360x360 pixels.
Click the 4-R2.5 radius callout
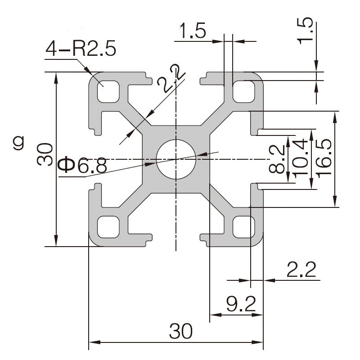[x=81, y=48]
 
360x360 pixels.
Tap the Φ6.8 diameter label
[x=83, y=166]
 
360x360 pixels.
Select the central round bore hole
[x=176, y=159]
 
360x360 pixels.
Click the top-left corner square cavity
[x=108, y=91]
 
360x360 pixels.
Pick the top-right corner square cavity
[x=243, y=91]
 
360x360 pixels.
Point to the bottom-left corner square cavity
[x=108, y=227]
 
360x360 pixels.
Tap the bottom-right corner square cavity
[x=243, y=227]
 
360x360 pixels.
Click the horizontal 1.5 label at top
[x=193, y=31]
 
